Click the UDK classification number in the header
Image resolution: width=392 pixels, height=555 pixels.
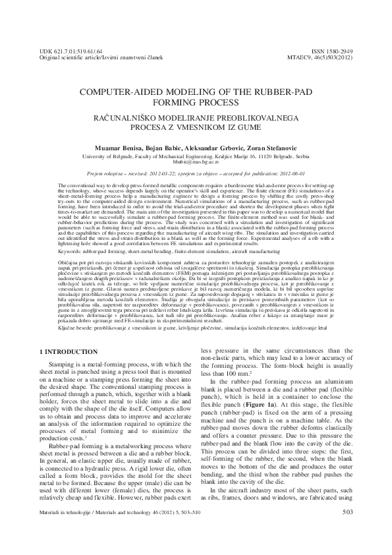click(x=67, y=50)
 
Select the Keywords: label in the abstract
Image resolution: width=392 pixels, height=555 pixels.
click(x=72, y=251)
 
